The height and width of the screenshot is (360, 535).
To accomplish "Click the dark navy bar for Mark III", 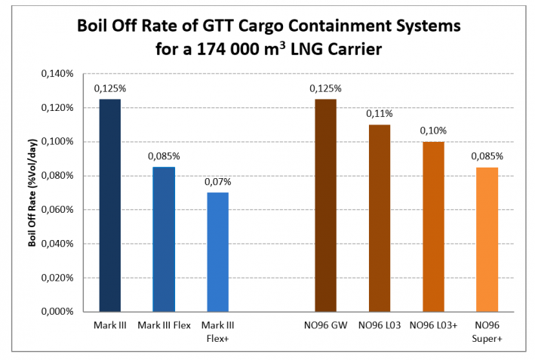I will point(109,205).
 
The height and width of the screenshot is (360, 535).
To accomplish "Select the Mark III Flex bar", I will point(164,238).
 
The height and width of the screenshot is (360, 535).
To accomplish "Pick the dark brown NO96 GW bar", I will point(325,205).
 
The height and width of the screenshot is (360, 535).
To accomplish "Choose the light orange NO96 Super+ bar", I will point(487,238).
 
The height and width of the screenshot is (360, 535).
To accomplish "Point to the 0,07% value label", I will point(217,182).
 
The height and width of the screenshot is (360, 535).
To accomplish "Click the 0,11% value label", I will point(380,114).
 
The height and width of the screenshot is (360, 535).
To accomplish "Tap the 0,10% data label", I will point(433,131).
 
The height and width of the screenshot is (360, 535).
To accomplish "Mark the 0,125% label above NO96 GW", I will point(325,88).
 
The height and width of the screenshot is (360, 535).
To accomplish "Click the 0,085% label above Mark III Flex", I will point(164,156).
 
